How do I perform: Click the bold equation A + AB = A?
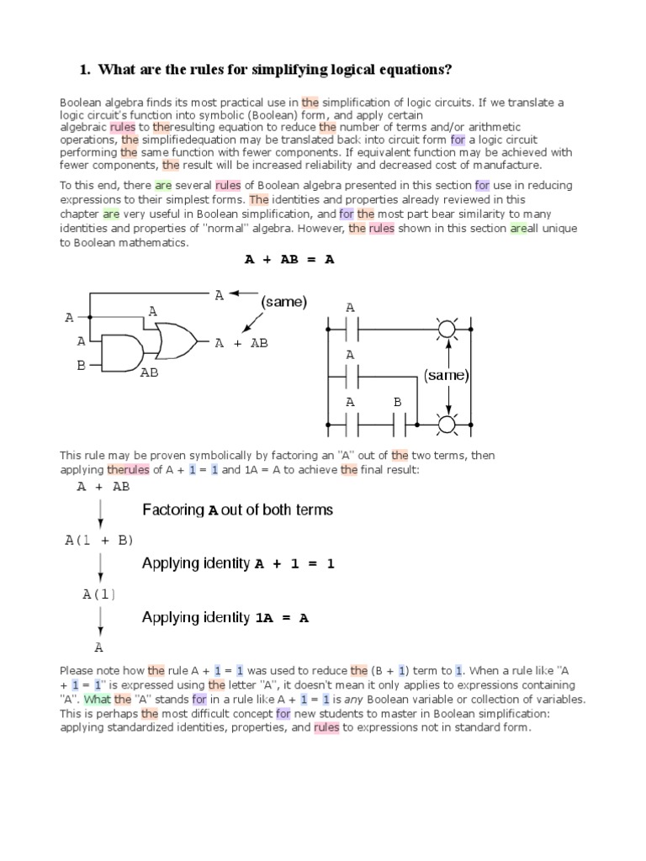click(x=289, y=260)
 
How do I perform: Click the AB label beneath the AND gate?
click(x=149, y=372)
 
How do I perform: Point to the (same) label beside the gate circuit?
click(x=283, y=301)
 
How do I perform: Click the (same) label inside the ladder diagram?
click(x=446, y=375)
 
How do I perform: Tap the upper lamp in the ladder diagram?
click(x=446, y=328)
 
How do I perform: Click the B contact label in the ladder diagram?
click(x=398, y=403)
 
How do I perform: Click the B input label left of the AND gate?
click(x=82, y=366)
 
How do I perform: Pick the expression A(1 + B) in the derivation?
click(x=99, y=540)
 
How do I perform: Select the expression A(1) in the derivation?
click(x=99, y=594)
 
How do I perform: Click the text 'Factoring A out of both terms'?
click(x=237, y=510)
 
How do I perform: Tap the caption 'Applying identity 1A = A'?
click(x=225, y=617)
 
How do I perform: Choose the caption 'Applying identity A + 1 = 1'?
click(x=238, y=563)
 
